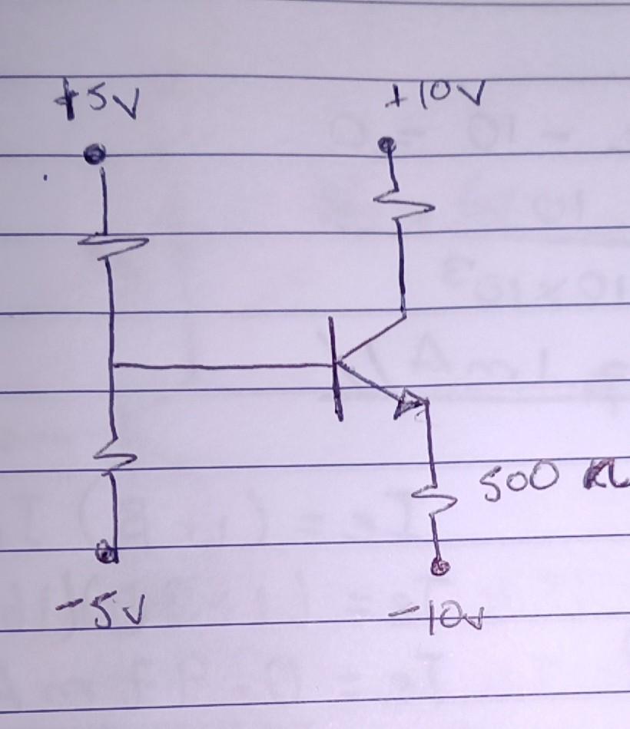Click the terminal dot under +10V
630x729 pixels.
pyautogui.click(x=389, y=143)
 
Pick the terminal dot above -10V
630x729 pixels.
pyautogui.click(x=439, y=567)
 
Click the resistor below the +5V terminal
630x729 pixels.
pyautogui.click(x=112, y=242)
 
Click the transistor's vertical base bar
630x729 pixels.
pyautogui.click(x=337, y=368)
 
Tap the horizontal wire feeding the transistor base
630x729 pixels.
pyautogui.click(x=223, y=366)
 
